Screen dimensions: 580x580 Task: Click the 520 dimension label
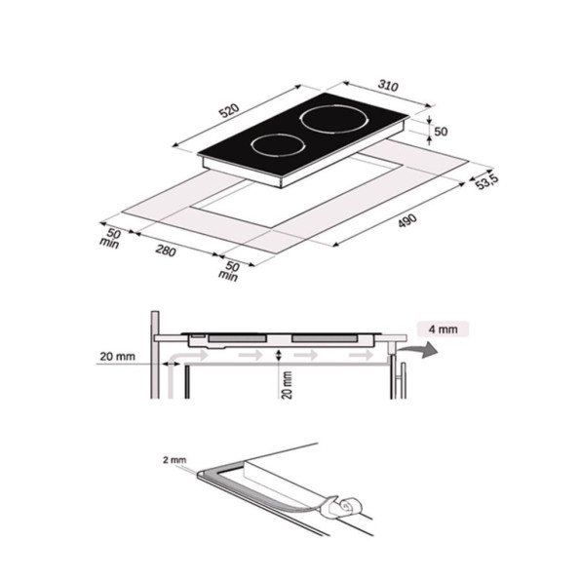[229, 110]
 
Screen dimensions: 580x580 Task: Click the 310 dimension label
[388, 86]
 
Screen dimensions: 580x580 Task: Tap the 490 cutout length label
[406, 220]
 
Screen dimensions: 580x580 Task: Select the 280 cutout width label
[166, 251]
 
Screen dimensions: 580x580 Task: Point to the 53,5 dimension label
[487, 181]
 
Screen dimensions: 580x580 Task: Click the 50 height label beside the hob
[441, 132]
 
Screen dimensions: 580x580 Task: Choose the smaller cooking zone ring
[278, 146]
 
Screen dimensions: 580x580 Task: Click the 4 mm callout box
[443, 329]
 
